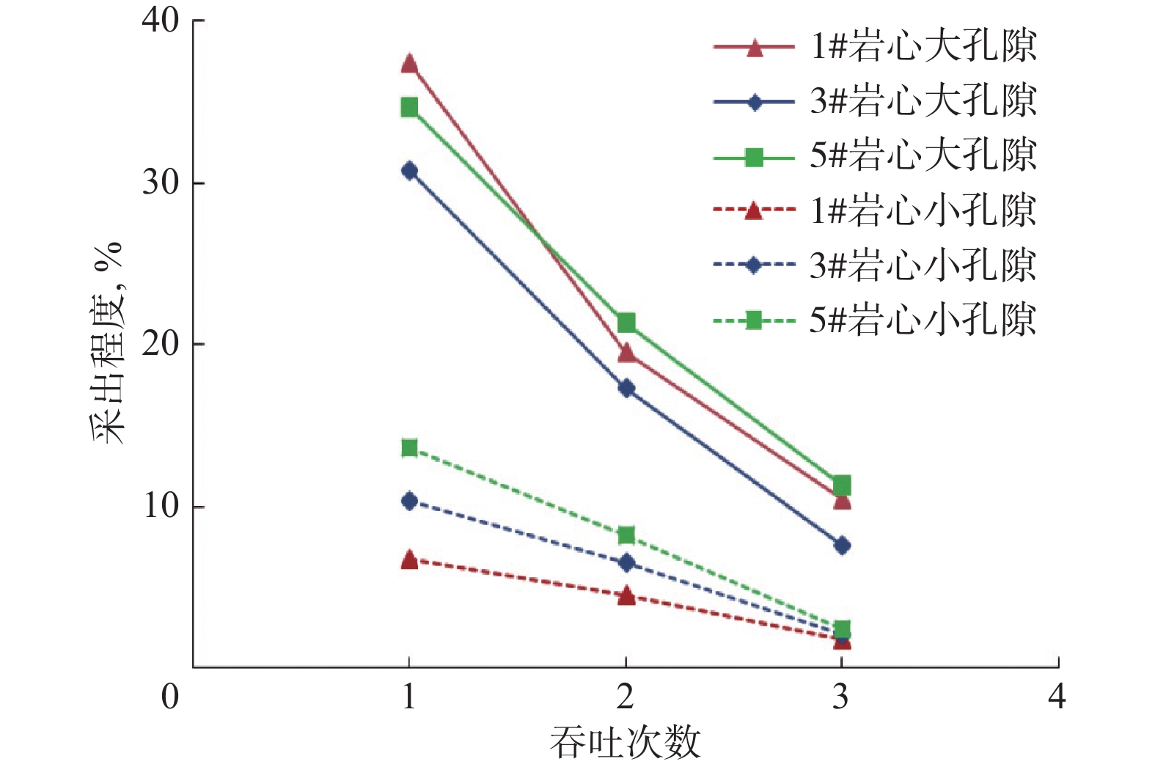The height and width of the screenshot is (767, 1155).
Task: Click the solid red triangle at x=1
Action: [409, 64]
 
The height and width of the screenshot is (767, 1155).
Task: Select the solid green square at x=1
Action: [409, 108]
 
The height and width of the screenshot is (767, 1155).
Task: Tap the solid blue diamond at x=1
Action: [409, 171]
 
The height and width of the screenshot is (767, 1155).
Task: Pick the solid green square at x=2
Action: [626, 323]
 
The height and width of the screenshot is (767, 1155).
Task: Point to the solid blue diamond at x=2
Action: [626, 388]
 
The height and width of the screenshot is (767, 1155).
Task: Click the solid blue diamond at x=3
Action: [842, 546]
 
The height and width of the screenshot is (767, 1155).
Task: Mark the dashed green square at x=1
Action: [409, 448]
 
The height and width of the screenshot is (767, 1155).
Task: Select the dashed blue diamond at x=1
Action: [409, 502]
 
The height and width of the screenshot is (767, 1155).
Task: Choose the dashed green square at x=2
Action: [626, 535]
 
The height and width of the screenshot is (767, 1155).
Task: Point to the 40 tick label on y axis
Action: [161, 21]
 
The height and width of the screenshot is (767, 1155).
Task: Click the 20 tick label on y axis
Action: [161, 344]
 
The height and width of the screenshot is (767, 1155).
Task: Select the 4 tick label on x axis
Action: [1056, 696]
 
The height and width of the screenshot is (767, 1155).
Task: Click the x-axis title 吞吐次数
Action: [625, 742]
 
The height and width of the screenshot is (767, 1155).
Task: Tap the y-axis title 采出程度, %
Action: [108, 342]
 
